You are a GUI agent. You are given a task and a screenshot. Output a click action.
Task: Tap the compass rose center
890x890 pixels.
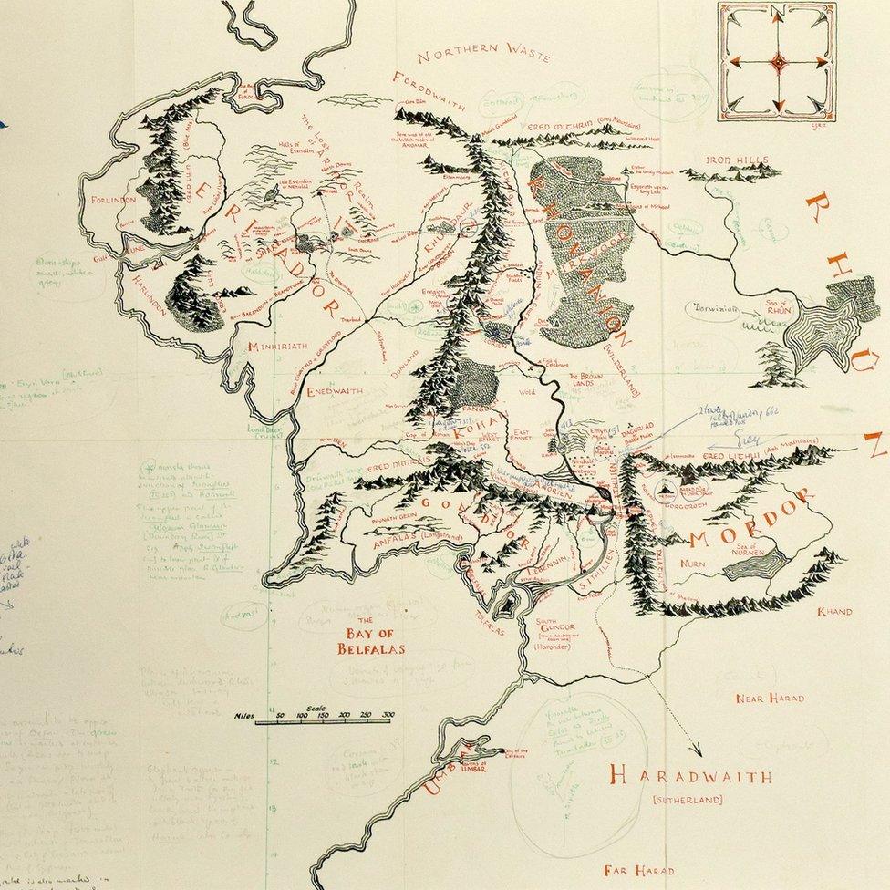coord(778,62)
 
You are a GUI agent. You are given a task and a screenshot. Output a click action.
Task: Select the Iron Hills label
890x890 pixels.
coord(738,160)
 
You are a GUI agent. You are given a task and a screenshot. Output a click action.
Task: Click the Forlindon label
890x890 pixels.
coord(113,199)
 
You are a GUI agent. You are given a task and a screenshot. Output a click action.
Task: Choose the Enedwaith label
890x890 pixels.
coord(334,391)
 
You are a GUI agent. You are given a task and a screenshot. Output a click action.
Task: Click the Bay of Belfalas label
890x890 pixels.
coord(370,642)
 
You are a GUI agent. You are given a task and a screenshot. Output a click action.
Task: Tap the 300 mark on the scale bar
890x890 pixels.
coord(388,716)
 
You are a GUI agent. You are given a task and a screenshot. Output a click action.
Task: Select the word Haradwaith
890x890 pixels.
coord(690,778)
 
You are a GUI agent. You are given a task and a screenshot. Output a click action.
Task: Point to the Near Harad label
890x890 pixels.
coord(771,699)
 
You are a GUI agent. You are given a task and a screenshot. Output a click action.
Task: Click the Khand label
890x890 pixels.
coord(834,612)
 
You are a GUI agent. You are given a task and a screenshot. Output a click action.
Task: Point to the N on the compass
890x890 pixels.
coord(778,12)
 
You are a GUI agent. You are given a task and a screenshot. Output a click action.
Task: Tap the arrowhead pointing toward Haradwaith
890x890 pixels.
coord(696,753)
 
